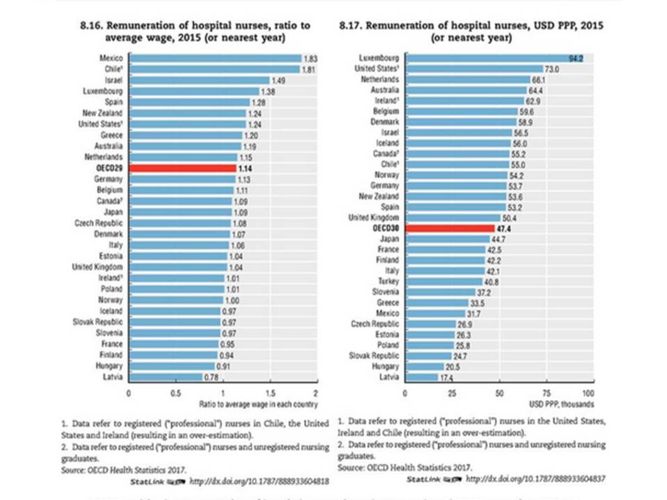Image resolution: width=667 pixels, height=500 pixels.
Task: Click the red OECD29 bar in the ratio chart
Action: (182, 168)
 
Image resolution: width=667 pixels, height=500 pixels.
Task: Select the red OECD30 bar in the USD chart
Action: (449, 228)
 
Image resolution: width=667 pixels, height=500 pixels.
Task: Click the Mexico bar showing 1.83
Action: (215, 58)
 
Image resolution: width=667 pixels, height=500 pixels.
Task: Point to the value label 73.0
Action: (552, 69)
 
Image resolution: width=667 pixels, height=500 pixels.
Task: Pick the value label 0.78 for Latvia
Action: (212, 377)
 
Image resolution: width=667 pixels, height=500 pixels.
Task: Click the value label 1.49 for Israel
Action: (279, 80)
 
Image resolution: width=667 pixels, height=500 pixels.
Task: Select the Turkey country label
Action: (388, 281)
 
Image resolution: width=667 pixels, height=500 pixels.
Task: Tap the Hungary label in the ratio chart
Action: (110, 366)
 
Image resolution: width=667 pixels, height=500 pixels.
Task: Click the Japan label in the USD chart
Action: (389, 239)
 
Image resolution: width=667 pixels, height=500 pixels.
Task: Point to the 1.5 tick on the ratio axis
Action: (269, 393)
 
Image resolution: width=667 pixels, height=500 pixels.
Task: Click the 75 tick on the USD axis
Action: (546, 393)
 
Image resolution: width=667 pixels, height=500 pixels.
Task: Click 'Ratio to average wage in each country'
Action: (258, 404)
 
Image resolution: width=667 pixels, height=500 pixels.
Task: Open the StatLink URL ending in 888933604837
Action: (535, 479)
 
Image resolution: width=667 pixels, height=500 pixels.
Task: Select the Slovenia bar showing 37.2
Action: (440, 292)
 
